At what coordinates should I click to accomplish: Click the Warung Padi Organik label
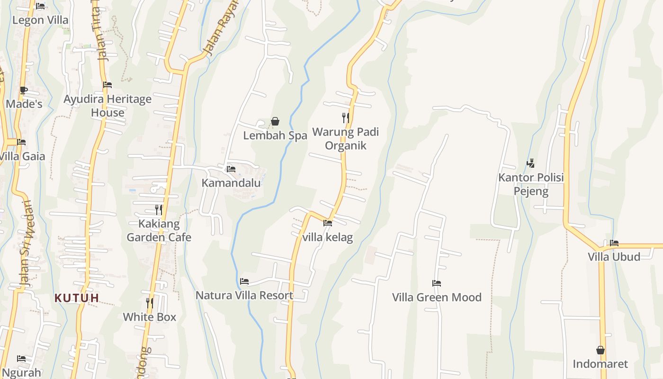(346, 138)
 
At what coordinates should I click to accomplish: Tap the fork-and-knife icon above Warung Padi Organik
(346, 117)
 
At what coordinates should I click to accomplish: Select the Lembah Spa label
(275, 135)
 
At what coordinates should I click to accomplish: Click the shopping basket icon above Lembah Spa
(275, 122)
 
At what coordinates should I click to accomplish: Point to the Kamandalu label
(231, 183)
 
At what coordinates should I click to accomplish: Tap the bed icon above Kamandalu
(231, 169)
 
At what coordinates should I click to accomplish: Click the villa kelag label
(328, 237)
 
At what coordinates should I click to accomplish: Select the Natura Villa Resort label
(244, 296)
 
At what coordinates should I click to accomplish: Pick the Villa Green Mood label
(437, 298)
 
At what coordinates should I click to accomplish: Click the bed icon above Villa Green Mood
(437, 283)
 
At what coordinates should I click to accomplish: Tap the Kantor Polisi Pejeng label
(531, 184)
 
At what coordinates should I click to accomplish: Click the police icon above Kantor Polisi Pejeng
(531, 163)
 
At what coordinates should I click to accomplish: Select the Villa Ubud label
(614, 257)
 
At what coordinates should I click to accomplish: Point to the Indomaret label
(600, 364)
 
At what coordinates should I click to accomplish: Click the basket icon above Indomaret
(600, 350)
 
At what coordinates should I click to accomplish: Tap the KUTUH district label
(77, 298)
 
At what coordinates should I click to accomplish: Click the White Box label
(150, 317)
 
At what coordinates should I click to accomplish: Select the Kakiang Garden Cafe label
(159, 230)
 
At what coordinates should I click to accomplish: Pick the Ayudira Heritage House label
(108, 106)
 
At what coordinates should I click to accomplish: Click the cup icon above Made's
(24, 90)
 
